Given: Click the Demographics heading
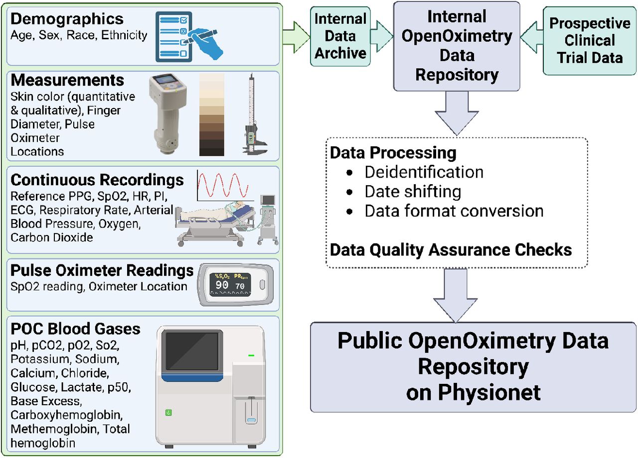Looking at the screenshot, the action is click(67, 19).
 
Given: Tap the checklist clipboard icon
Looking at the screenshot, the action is click(174, 37).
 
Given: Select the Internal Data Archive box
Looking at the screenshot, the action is click(340, 36).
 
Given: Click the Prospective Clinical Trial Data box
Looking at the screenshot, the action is click(590, 41).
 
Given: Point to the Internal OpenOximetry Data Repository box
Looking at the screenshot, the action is click(457, 46).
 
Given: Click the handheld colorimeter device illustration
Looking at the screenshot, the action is click(168, 114).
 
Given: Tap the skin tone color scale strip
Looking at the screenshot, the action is click(212, 114).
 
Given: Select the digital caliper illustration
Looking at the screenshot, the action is click(254, 114).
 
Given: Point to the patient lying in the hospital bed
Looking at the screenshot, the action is click(216, 212).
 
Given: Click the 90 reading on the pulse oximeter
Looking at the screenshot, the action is click(222, 285).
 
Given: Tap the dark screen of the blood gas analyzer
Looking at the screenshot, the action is click(192, 351).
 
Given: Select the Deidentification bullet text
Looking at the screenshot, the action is click(424, 172).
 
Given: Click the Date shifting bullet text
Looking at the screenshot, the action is click(413, 192).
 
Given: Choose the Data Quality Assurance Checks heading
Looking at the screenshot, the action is click(451, 250).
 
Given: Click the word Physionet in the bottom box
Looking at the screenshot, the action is click(489, 393).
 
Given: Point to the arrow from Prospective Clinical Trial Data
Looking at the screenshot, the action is click(532, 37).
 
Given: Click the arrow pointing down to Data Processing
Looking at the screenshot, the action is click(457, 113).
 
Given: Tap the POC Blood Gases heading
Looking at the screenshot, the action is click(75, 329).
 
